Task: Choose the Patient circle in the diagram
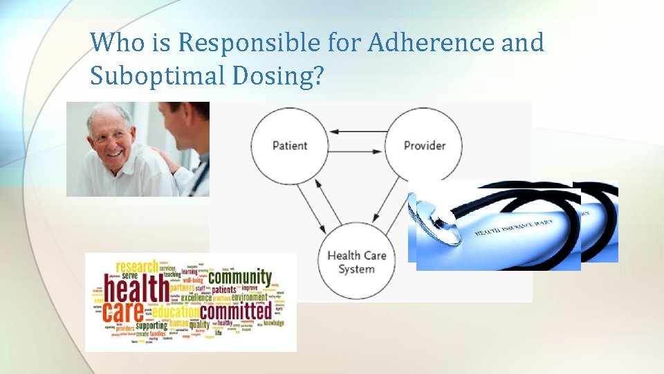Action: click(x=289, y=145)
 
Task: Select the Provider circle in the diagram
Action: click(x=423, y=145)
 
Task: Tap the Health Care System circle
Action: click(x=356, y=261)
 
